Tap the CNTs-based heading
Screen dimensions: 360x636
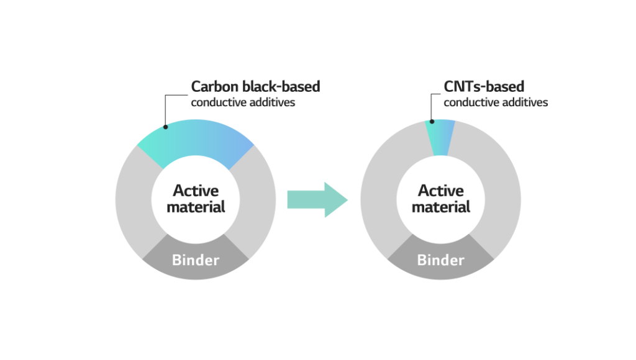[484, 87]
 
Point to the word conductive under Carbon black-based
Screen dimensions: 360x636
[218, 102]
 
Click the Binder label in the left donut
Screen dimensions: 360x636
[196, 260]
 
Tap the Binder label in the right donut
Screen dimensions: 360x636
[440, 260]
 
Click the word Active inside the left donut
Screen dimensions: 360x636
[196, 191]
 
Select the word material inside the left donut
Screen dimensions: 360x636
[196, 207]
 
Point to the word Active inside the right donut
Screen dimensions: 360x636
[440, 191]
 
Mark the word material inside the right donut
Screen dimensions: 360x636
[440, 207]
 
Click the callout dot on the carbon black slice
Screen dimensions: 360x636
[165, 128]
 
